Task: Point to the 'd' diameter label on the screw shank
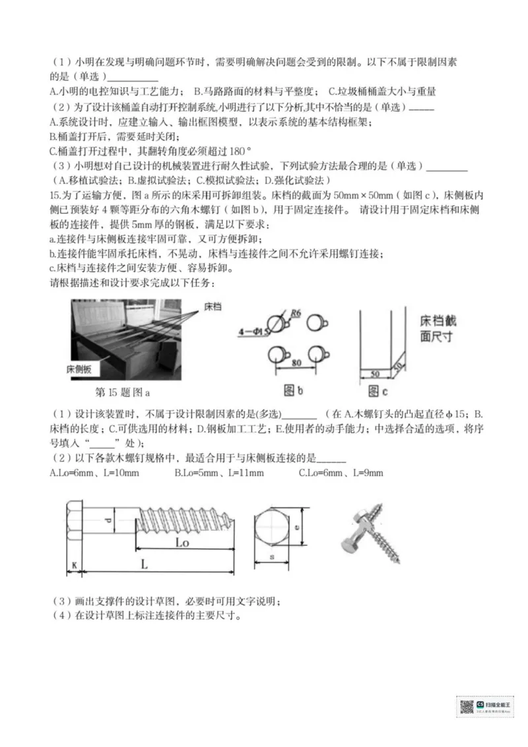click(107, 521)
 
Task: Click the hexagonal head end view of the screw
click(273, 527)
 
